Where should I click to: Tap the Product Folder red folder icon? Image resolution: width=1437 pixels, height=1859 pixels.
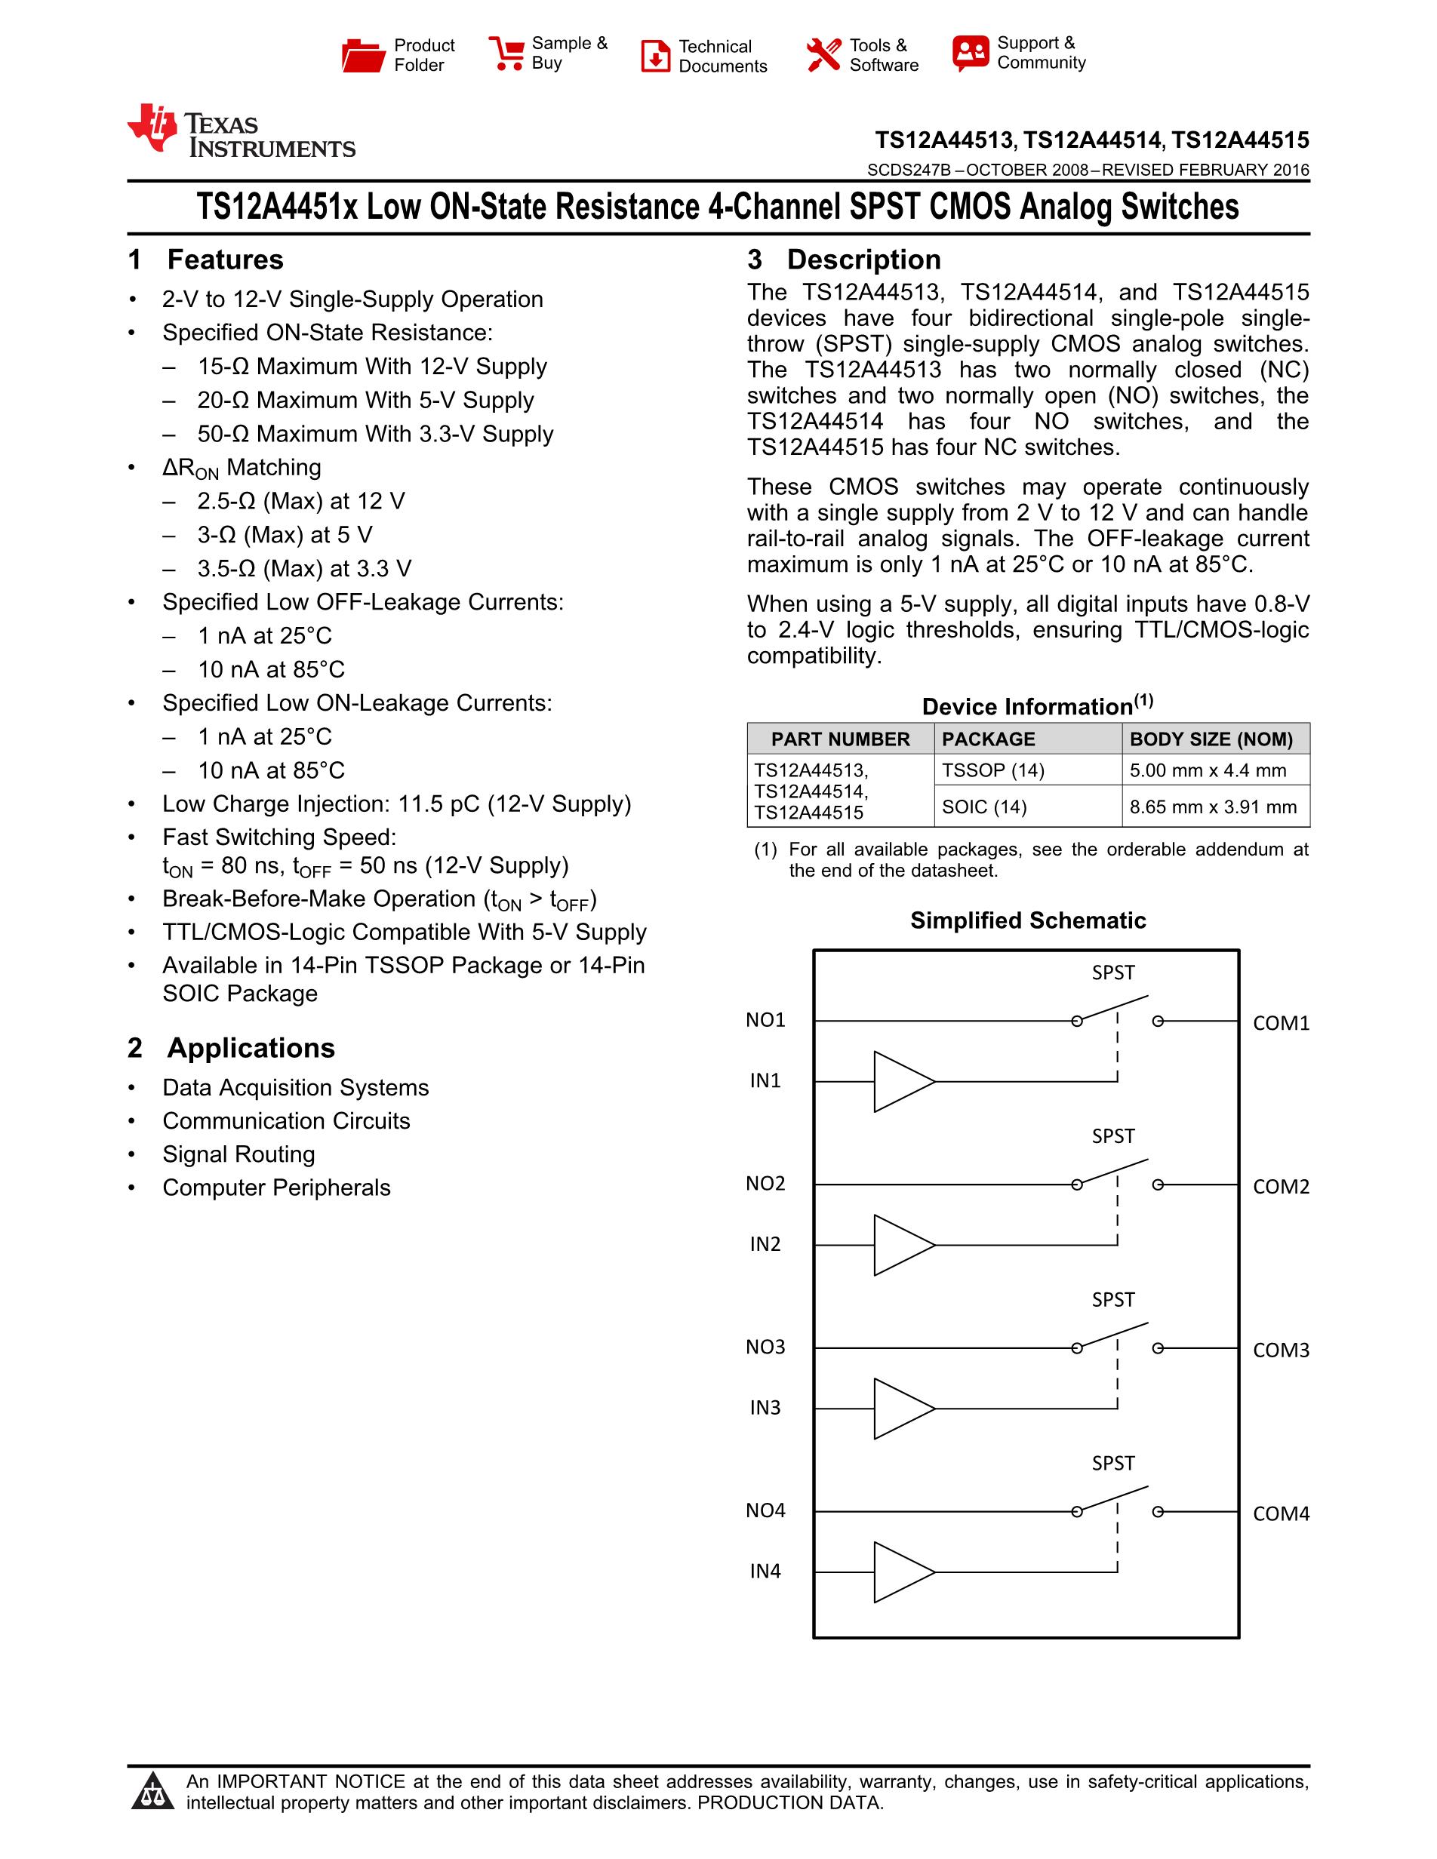(x=363, y=55)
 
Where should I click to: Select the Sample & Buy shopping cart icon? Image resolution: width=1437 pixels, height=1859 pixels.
(x=506, y=54)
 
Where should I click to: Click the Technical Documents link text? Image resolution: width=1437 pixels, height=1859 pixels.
(x=722, y=56)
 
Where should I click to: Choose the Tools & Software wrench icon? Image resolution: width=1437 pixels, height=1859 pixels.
(x=823, y=55)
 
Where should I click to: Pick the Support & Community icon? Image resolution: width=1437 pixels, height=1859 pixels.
(x=971, y=53)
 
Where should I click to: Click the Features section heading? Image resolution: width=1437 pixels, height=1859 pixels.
(x=225, y=260)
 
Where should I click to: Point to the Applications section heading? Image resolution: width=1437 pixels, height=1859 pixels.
(x=251, y=1048)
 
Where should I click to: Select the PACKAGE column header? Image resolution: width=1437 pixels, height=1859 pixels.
(x=989, y=739)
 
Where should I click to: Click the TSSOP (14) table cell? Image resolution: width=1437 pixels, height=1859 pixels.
(x=992, y=770)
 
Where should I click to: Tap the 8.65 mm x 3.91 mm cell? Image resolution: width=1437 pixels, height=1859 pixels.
(x=1212, y=807)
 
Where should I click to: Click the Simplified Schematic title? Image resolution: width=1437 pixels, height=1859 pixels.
(x=1027, y=920)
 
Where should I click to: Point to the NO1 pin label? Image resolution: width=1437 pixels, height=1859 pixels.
(x=765, y=1020)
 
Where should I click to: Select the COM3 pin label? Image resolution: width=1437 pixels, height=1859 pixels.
(x=1280, y=1350)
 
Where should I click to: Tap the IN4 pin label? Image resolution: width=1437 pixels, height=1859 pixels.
(x=765, y=1572)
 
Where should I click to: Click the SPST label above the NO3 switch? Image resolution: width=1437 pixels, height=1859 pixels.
(x=1112, y=1300)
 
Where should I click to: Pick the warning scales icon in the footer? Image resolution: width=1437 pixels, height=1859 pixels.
(x=153, y=1791)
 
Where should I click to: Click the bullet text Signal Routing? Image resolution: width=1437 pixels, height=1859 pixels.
(x=238, y=1154)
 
